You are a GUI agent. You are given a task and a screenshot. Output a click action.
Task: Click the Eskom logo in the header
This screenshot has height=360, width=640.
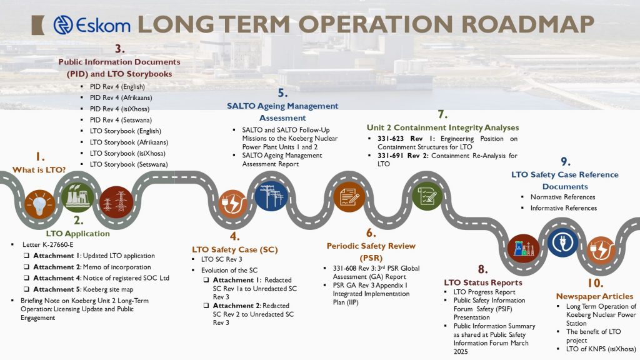click(91, 24)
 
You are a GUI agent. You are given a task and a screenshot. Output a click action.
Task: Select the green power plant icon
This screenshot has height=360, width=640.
click(77, 197)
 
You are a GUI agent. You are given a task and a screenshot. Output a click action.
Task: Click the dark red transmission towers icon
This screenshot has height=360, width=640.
click(116, 202)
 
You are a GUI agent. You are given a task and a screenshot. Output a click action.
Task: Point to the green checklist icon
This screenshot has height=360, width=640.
click(427, 196)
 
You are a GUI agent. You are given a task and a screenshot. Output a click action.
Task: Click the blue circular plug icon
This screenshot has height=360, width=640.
click(563, 242)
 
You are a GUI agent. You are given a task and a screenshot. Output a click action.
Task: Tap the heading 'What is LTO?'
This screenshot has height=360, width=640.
click(39, 170)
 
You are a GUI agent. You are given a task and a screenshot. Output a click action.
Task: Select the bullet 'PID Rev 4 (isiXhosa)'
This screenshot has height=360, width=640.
click(119, 109)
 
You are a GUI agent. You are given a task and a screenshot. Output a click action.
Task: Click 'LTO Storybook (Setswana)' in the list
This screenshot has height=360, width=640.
click(129, 164)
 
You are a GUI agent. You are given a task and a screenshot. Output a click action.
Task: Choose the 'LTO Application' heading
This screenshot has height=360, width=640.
click(77, 234)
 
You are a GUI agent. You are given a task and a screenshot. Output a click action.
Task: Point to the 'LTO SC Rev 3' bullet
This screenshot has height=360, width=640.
click(222, 259)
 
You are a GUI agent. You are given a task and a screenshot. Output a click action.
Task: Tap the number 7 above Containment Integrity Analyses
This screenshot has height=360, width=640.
click(442, 114)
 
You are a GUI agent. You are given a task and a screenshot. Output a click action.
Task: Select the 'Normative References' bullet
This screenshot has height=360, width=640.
click(563, 197)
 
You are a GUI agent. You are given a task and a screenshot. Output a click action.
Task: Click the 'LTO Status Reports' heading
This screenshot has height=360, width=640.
click(483, 282)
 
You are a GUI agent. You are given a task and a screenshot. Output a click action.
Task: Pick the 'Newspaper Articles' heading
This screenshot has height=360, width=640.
click(595, 296)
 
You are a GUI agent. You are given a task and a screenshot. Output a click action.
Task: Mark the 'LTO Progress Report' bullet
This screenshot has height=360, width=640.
click(484, 292)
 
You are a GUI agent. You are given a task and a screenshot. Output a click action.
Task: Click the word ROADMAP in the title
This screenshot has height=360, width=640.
click(527, 24)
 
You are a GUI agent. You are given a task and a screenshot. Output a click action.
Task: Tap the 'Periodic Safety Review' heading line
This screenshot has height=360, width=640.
click(371, 246)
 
